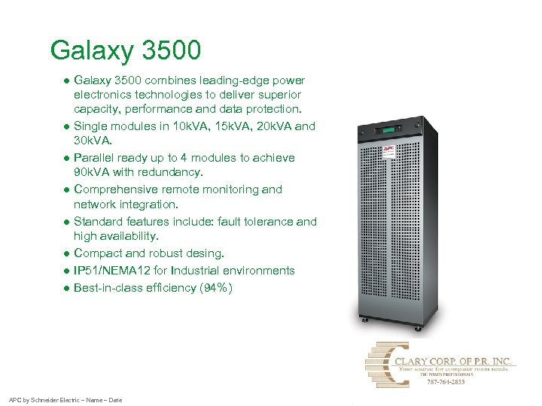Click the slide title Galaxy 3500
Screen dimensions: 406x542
click(126, 50)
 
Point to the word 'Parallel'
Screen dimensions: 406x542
click(94, 158)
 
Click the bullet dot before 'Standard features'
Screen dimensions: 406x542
click(67, 222)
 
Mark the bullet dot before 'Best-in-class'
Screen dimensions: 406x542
click(67, 287)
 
